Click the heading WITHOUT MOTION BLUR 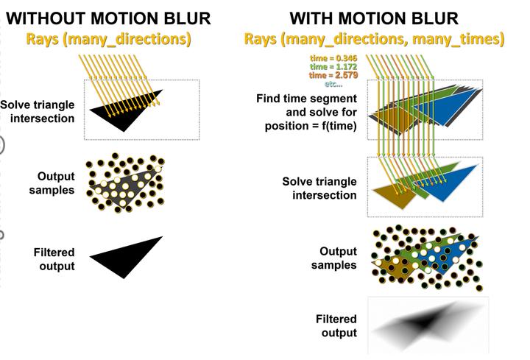click(x=108, y=17)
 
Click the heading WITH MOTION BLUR click(x=374, y=17)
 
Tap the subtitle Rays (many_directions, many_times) click(x=374, y=38)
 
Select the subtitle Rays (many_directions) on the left click(x=109, y=36)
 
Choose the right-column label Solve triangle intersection click(x=319, y=188)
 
